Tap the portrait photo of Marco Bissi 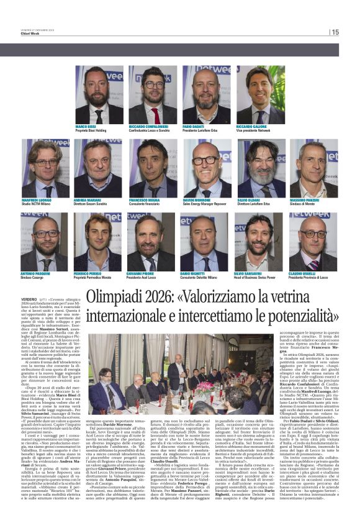point(99,95)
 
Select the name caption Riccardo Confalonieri point(153,127)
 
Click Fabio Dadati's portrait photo point(206,95)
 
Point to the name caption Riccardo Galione point(258,127)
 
